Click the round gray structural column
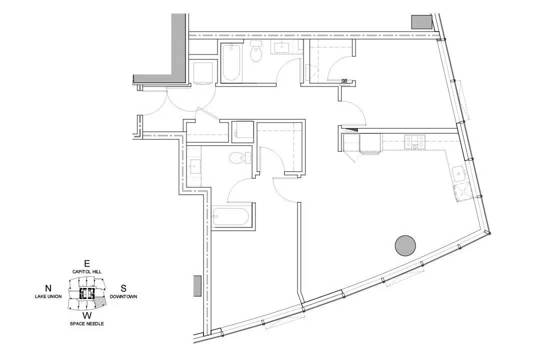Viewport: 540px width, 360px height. pos(405,245)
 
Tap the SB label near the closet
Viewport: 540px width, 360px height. pos(344,81)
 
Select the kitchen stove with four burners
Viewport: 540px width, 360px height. pos(414,142)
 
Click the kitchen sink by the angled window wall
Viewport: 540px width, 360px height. pos(459,174)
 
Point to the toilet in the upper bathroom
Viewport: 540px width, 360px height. pos(256,51)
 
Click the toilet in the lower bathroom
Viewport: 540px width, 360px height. pos(240,158)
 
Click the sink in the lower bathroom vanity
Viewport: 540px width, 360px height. pos(194,166)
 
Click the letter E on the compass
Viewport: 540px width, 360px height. pos(87,263)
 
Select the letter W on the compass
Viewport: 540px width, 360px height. pos(87,315)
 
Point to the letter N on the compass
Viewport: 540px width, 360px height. pos(48,288)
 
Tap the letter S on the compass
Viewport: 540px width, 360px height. pos(123,288)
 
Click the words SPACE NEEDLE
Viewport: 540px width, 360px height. pos(87,324)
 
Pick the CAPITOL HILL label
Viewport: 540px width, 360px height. pos(87,272)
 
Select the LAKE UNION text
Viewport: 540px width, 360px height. pos(48,296)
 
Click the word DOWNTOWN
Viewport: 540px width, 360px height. pos(123,296)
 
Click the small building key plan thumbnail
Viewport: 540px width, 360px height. pos(87,293)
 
